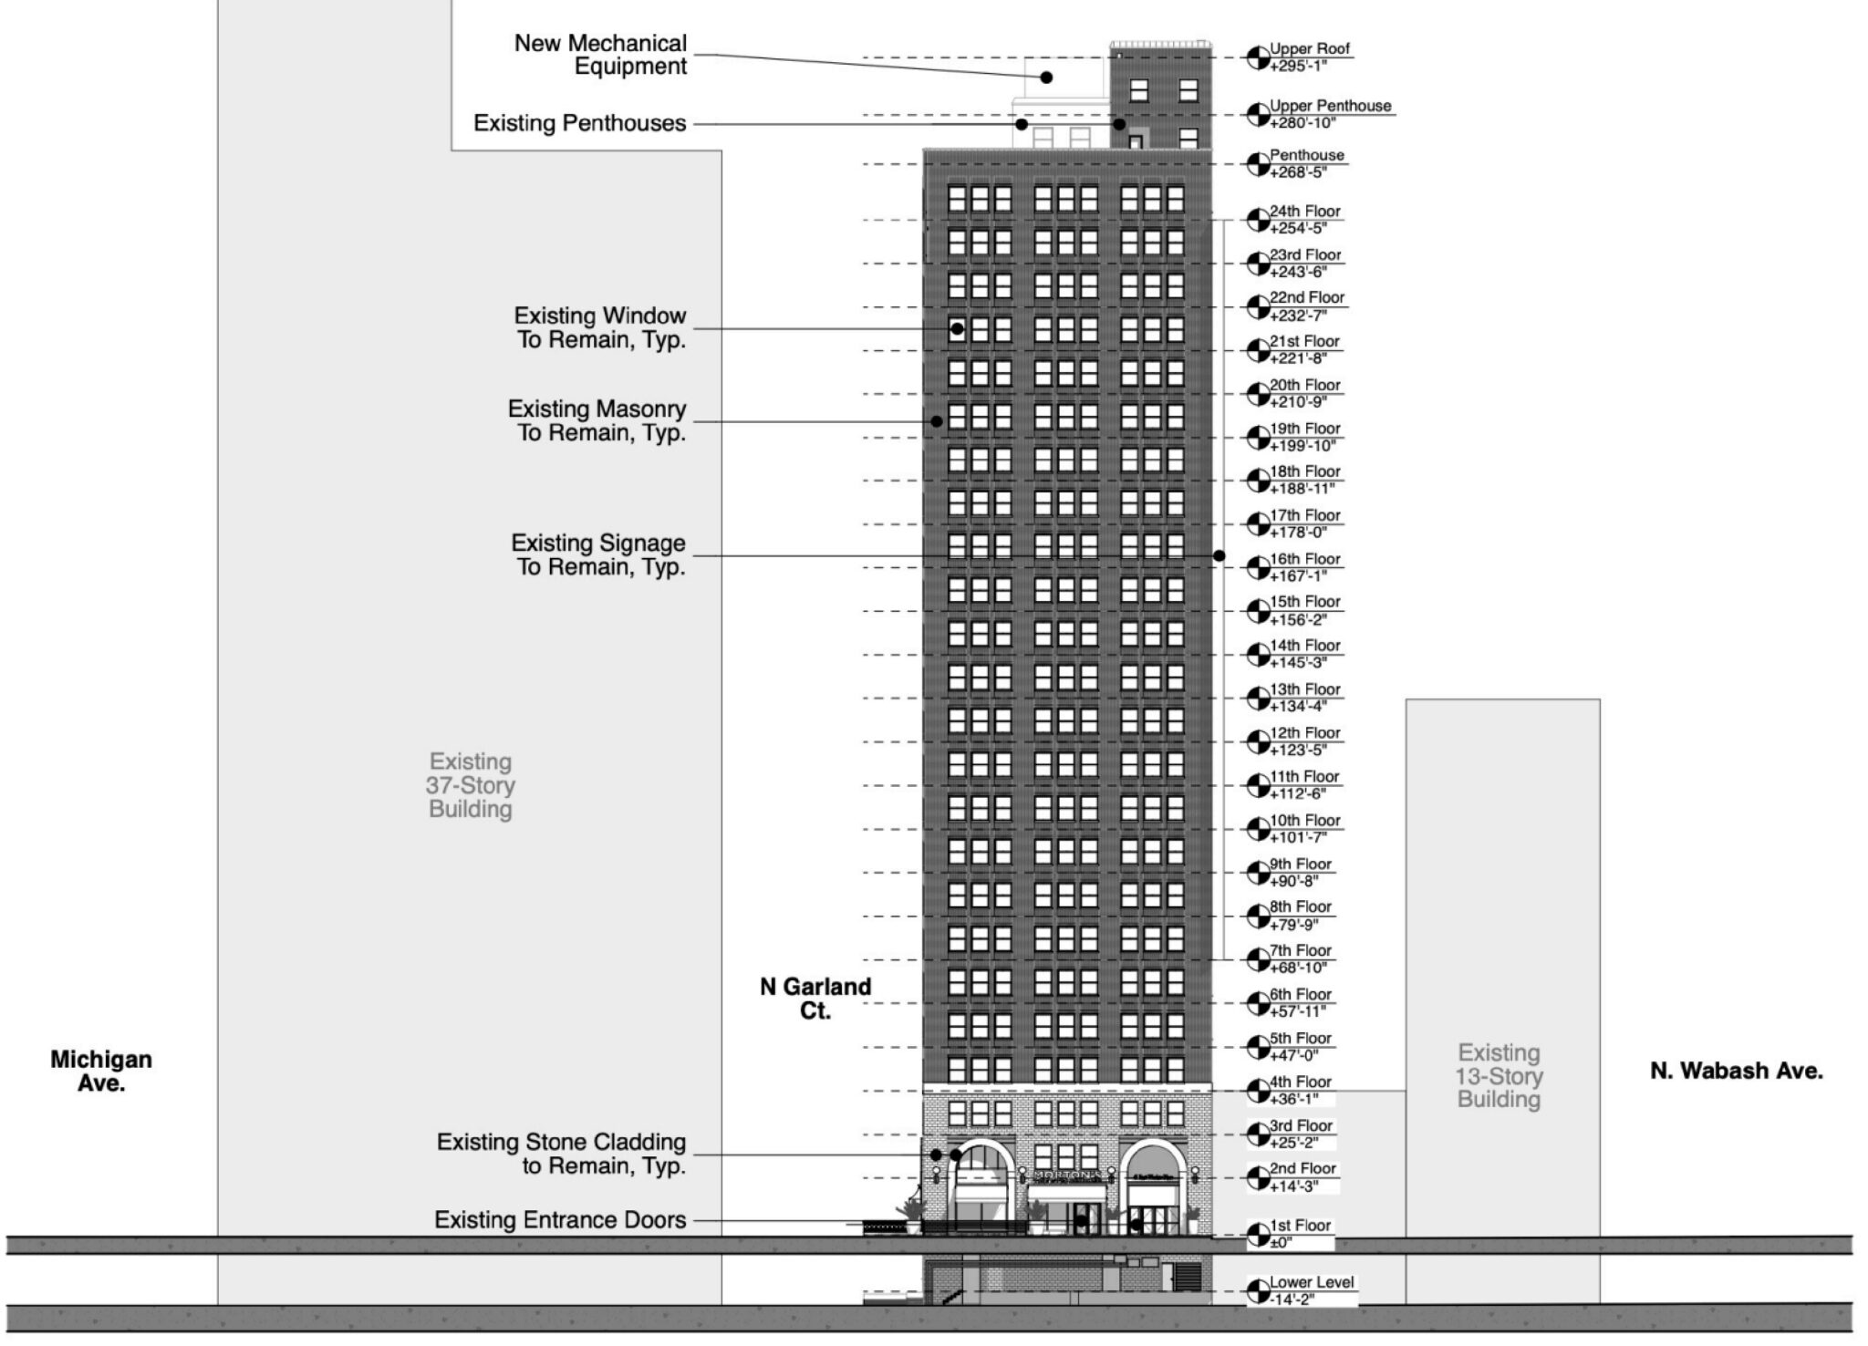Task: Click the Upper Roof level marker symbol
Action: (x=1258, y=57)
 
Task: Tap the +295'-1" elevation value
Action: (x=1297, y=67)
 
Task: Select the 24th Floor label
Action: (x=1304, y=212)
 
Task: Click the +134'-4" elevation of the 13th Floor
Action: (x=1298, y=707)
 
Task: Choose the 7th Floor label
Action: (x=1301, y=951)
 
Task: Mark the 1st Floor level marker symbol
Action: (x=1258, y=1235)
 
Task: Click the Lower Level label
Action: (x=1312, y=1282)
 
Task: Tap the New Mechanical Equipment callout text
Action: (x=600, y=55)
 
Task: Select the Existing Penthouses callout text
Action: (x=579, y=123)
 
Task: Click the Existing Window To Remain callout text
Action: (x=600, y=327)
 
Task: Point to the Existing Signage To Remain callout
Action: (x=598, y=554)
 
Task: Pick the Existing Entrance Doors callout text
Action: (x=560, y=1220)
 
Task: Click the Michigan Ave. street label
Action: (x=101, y=1071)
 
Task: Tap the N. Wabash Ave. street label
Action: (x=1736, y=1071)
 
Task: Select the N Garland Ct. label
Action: (x=815, y=999)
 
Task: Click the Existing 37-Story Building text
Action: (x=471, y=785)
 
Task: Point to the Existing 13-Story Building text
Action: (x=1499, y=1076)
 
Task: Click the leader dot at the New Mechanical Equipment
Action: (x=1046, y=78)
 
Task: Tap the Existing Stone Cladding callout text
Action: (x=561, y=1154)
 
